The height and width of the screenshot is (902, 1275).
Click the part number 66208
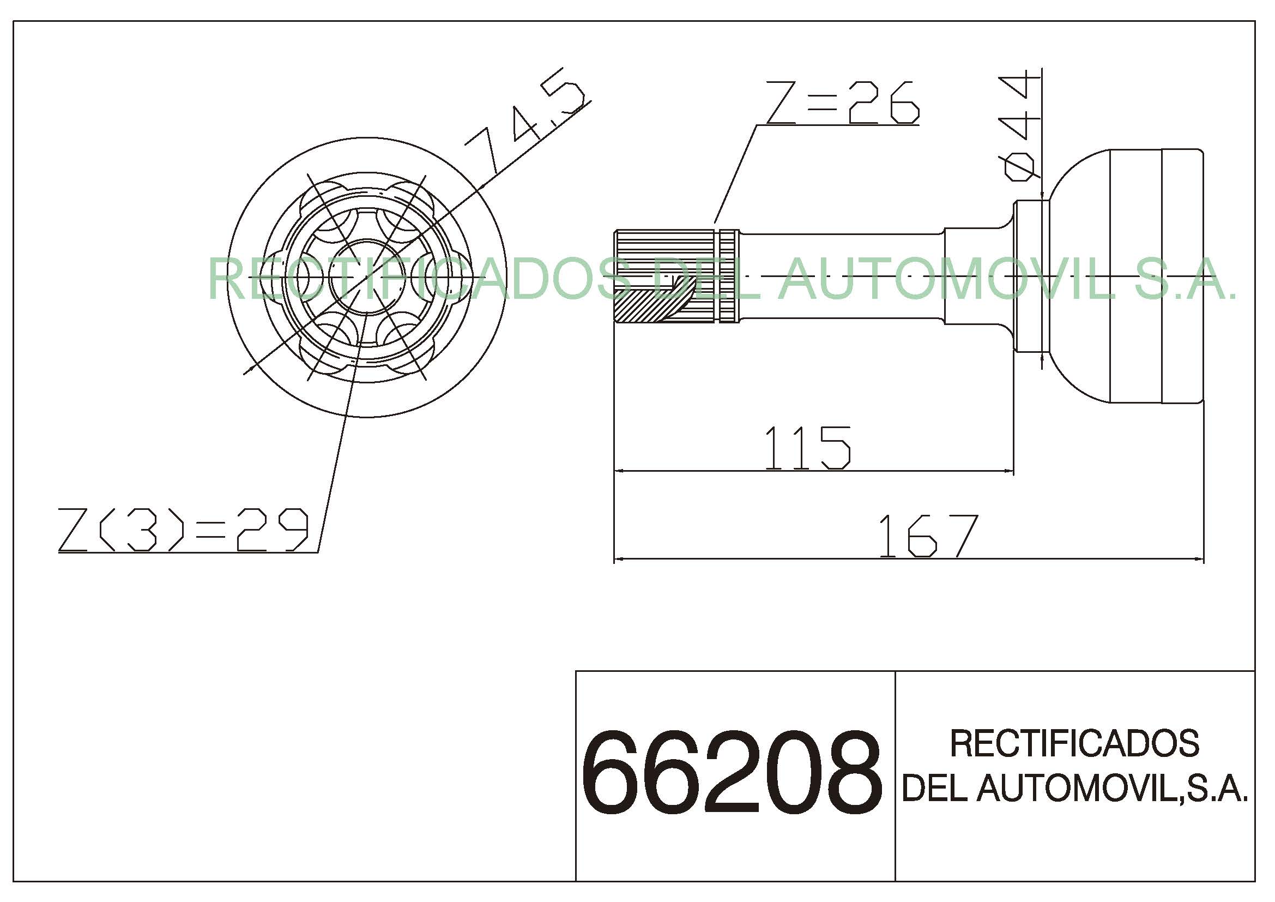click(x=732, y=773)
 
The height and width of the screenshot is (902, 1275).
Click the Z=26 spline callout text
click(x=843, y=103)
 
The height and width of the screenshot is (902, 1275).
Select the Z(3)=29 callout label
click(x=183, y=530)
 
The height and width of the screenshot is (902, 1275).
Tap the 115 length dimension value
click(x=808, y=448)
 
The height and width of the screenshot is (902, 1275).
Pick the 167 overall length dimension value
click(x=928, y=536)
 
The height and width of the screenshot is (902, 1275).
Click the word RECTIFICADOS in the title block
click(x=1075, y=743)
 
